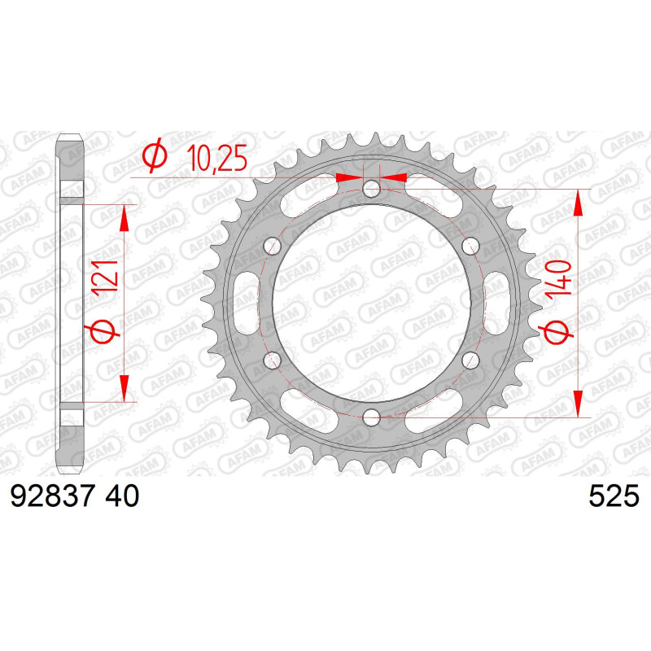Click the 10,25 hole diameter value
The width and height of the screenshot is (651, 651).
click(x=216, y=158)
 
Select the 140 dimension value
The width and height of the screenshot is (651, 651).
click(x=559, y=278)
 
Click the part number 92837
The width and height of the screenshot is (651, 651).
click(x=52, y=496)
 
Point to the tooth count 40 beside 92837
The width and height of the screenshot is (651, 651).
click(x=122, y=496)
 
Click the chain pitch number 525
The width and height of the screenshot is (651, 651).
click(x=614, y=496)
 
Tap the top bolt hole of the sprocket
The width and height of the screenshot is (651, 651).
click(x=372, y=190)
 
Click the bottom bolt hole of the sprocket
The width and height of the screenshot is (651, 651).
click(x=372, y=417)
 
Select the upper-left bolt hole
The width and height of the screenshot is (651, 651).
click(x=273, y=247)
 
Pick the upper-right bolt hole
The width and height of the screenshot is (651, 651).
click(x=470, y=247)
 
